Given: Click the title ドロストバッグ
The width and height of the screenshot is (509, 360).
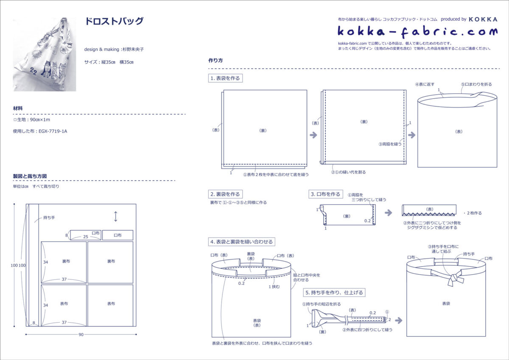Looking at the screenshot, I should [114, 21].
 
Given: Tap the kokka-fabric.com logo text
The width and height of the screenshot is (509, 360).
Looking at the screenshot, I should [417, 31].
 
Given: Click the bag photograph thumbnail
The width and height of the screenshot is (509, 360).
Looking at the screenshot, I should [44, 55].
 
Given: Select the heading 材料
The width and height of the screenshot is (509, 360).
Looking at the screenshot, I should [18, 109].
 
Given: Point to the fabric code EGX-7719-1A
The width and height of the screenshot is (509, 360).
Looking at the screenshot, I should [53, 131].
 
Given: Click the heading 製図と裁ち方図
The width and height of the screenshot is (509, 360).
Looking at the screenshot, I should [30, 176].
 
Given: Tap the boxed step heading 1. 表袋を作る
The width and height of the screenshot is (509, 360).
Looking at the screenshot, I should [225, 78].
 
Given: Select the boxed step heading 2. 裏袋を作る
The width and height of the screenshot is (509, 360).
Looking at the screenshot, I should [225, 194].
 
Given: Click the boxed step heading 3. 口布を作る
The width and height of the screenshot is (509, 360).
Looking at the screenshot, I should [325, 194].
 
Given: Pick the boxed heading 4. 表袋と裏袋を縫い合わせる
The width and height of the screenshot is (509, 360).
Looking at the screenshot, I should [242, 242].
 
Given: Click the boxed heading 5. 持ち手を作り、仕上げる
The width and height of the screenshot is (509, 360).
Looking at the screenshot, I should [334, 292].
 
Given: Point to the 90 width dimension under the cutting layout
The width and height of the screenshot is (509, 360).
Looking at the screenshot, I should [81, 335].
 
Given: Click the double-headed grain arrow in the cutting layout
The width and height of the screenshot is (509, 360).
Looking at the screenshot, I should [115, 217].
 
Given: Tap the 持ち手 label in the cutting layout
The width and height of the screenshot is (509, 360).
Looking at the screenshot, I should [49, 218].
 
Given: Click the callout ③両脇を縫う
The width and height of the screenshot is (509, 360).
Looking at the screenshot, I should [390, 144].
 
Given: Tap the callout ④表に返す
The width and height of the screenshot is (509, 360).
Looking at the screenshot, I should [425, 84].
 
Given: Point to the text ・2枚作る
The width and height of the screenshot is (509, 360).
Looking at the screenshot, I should [473, 213].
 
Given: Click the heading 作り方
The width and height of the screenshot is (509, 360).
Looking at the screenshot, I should [216, 61].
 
